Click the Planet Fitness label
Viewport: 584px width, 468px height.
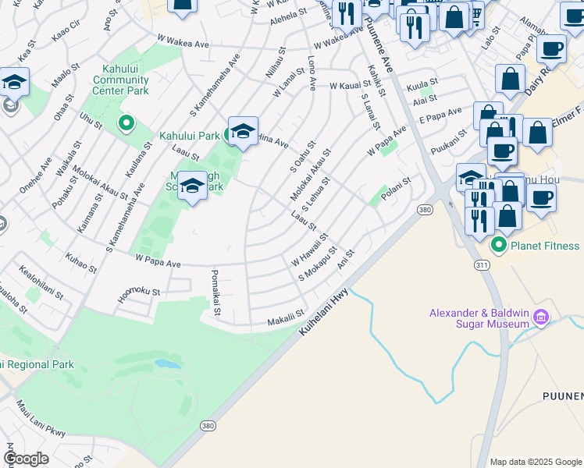click(545, 246)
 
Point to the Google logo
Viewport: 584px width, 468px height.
click(25, 459)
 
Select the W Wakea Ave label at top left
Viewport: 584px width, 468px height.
click(183, 38)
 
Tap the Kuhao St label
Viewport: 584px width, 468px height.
click(81, 263)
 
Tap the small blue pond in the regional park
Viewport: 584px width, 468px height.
click(166, 363)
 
